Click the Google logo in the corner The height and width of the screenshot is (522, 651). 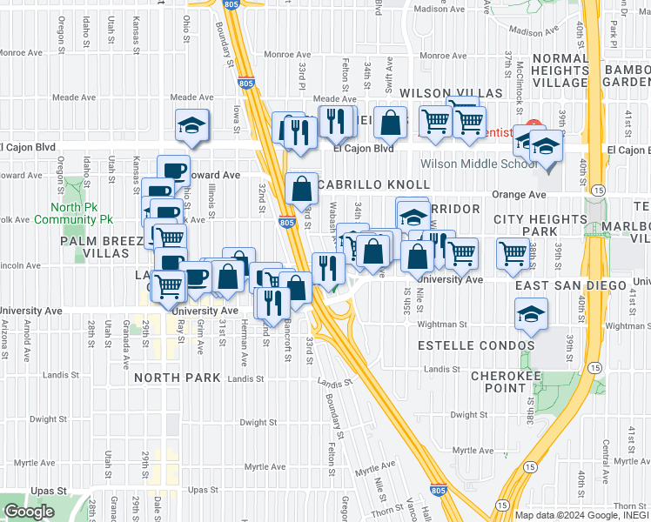click(29, 512)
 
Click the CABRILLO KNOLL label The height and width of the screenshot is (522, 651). click(374, 185)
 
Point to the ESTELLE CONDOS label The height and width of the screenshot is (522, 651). click(476, 345)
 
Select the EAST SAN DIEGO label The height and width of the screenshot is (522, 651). click(570, 285)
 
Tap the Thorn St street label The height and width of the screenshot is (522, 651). click(386, 511)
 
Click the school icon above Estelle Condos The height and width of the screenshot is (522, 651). click(531, 315)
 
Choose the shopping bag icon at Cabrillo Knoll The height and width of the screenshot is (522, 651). click(301, 188)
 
